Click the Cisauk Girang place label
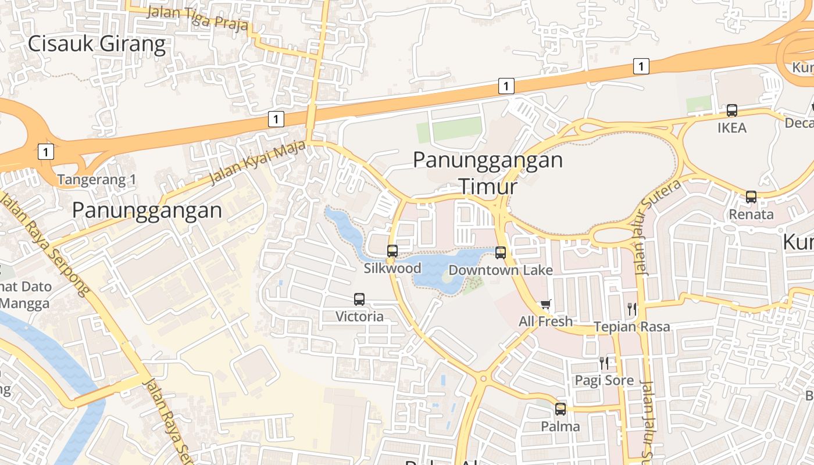click(x=97, y=44)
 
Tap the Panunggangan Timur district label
click(x=488, y=173)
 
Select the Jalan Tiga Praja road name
click(x=198, y=18)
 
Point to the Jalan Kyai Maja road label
click(x=258, y=163)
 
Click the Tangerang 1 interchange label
click(x=97, y=180)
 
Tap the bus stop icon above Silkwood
click(x=392, y=251)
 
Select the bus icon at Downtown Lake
click(x=501, y=253)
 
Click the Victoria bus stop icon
click(x=359, y=299)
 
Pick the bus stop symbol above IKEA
click(x=732, y=110)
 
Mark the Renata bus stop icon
click(x=751, y=197)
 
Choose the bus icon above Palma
click(x=560, y=409)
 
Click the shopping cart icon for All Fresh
click(x=545, y=304)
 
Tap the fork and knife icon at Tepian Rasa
click(x=631, y=309)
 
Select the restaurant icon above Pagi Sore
click(x=604, y=363)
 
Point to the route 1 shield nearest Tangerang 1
click(x=45, y=152)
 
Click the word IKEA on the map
click(x=731, y=128)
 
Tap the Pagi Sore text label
click(x=604, y=381)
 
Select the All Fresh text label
click(x=545, y=321)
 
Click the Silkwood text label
click(x=392, y=269)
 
